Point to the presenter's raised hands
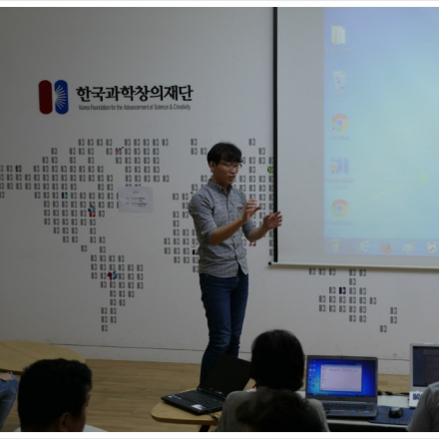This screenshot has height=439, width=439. [x=260, y=216]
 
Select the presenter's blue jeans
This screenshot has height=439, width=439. [x=222, y=311]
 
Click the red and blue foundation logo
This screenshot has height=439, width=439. [x=54, y=97]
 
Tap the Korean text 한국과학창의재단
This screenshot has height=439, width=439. [x=134, y=93]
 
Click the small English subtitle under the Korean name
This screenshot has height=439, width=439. [x=134, y=106]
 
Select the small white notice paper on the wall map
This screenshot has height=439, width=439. [x=136, y=198]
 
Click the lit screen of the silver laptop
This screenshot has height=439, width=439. [x=341, y=378]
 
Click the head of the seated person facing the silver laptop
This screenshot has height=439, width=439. [x=277, y=360]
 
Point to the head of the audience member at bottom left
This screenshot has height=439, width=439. [x=55, y=394]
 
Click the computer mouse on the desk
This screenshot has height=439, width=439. [x=396, y=411]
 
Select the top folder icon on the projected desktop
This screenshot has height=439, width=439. [x=338, y=35]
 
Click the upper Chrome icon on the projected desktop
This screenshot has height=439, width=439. [x=340, y=122]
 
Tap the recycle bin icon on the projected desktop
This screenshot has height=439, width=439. [x=339, y=80]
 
